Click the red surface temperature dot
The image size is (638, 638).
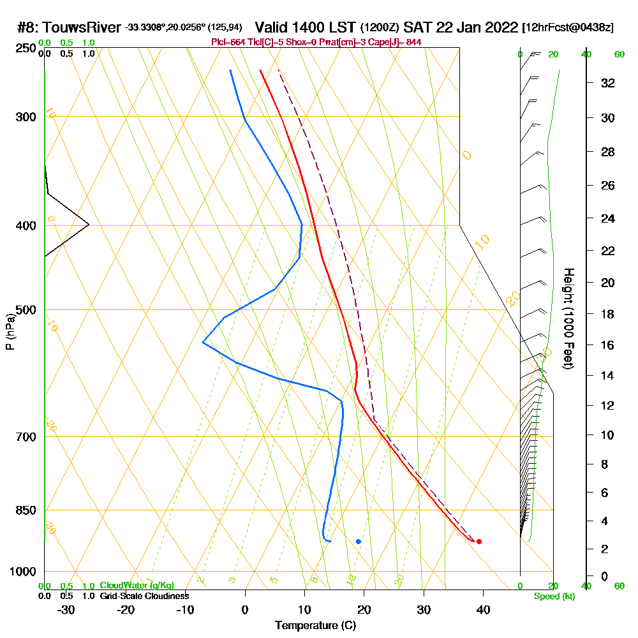(x=478, y=542)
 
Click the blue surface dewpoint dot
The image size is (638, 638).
(x=359, y=542)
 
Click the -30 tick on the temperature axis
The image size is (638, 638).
(x=66, y=609)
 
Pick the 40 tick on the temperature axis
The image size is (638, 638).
(x=483, y=609)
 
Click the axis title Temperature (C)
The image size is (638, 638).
(x=315, y=625)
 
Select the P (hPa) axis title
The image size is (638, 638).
(x=10, y=331)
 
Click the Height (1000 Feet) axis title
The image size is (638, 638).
(x=567, y=318)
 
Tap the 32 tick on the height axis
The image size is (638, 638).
(x=608, y=83)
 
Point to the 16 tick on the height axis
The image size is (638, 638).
(x=608, y=345)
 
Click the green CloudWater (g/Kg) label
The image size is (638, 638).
(x=137, y=586)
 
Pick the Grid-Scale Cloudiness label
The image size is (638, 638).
(x=144, y=596)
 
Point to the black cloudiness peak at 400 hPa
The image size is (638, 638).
(x=88, y=225)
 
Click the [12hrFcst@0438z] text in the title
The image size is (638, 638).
(x=568, y=28)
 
